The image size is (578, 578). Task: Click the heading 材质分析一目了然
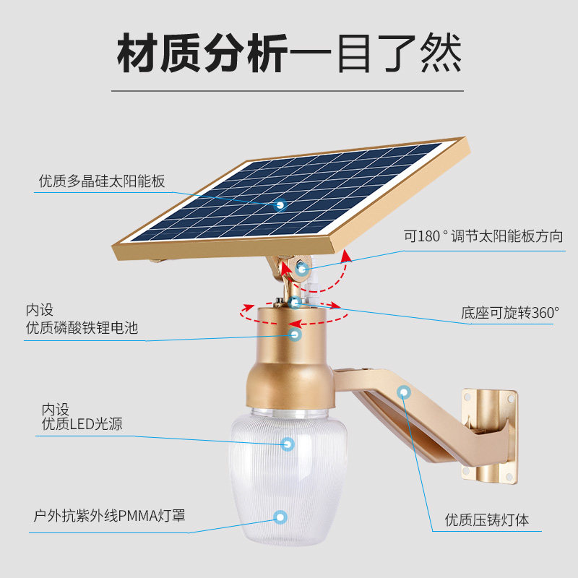point(289,53)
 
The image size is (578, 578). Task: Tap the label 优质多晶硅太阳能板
point(102,181)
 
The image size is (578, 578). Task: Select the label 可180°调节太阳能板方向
point(483,236)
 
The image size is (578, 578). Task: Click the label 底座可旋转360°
point(510,313)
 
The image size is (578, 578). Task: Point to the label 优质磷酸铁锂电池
point(82,329)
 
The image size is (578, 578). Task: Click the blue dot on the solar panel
point(280,205)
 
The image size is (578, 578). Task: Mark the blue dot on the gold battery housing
point(295,334)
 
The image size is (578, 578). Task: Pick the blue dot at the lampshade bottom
point(280,517)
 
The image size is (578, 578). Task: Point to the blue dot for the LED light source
point(288,444)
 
